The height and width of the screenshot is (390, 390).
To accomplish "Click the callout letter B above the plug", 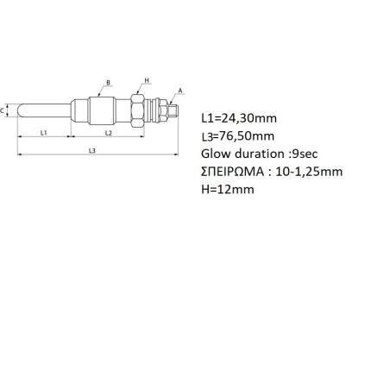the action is pyautogui.click(x=108, y=83).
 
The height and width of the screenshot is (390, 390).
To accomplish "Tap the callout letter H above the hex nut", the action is pyautogui.click(x=147, y=80).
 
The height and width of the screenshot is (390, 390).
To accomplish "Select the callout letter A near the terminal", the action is pyautogui.click(x=180, y=91).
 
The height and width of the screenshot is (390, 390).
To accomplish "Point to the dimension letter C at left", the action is pyautogui.click(x=2, y=110).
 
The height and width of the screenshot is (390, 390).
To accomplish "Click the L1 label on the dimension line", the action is pyautogui.click(x=43, y=133).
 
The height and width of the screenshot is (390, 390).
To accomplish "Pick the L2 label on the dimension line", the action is pyautogui.click(x=108, y=133).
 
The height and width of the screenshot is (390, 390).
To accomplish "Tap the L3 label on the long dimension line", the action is pyautogui.click(x=91, y=150).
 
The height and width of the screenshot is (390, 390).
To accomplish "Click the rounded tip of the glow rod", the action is pyautogui.click(x=19, y=110).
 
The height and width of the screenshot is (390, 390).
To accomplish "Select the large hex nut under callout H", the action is pyautogui.click(x=137, y=110).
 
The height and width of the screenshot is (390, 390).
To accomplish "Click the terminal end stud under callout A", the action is pyautogui.click(x=173, y=110).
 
